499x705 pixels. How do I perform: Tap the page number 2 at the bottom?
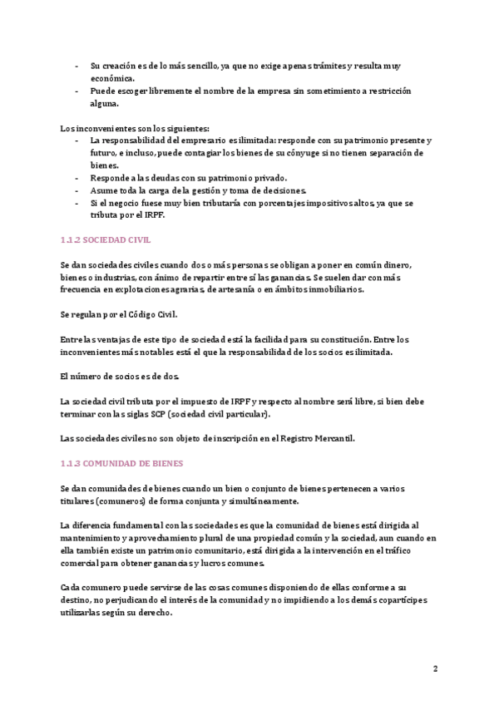click(x=435, y=668)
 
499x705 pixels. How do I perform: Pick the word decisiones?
click(x=278, y=190)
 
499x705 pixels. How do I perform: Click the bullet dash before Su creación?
click(x=77, y=66)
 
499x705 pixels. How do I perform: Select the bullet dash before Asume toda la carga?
click(x=77, y=190)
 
